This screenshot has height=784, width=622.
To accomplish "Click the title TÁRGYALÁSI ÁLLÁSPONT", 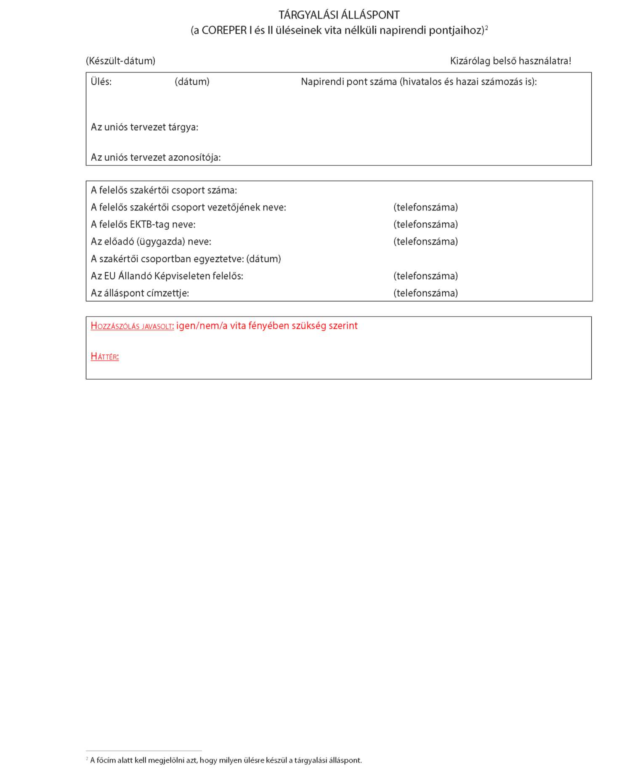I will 339,15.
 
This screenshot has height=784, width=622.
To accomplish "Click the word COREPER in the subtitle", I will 224,30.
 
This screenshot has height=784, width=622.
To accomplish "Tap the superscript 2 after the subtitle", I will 486,28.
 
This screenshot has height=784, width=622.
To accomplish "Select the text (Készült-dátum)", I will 120,61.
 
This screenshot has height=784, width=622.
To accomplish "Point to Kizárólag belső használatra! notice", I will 510,61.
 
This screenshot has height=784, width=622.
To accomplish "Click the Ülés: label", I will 101,82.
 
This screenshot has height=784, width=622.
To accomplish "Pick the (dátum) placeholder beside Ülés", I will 192,82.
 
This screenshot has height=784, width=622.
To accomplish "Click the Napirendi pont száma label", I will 419,82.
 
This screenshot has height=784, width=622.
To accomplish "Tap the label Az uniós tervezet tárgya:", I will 144,127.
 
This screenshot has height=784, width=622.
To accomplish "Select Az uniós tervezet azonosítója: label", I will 156,157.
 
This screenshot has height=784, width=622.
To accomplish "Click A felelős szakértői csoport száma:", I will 164,190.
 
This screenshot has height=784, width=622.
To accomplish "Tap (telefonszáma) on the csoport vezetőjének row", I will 425,207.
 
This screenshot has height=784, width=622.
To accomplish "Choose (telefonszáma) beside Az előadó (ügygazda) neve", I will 425,242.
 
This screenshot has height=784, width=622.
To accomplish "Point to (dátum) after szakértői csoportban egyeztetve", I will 263,259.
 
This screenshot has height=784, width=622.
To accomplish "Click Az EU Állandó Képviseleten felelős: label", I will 167,276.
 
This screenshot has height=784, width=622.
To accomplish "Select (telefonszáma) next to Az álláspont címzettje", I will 425,293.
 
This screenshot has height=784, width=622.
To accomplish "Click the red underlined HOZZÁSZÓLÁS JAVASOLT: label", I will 132,326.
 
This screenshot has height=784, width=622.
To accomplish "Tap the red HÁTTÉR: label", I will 105,357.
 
